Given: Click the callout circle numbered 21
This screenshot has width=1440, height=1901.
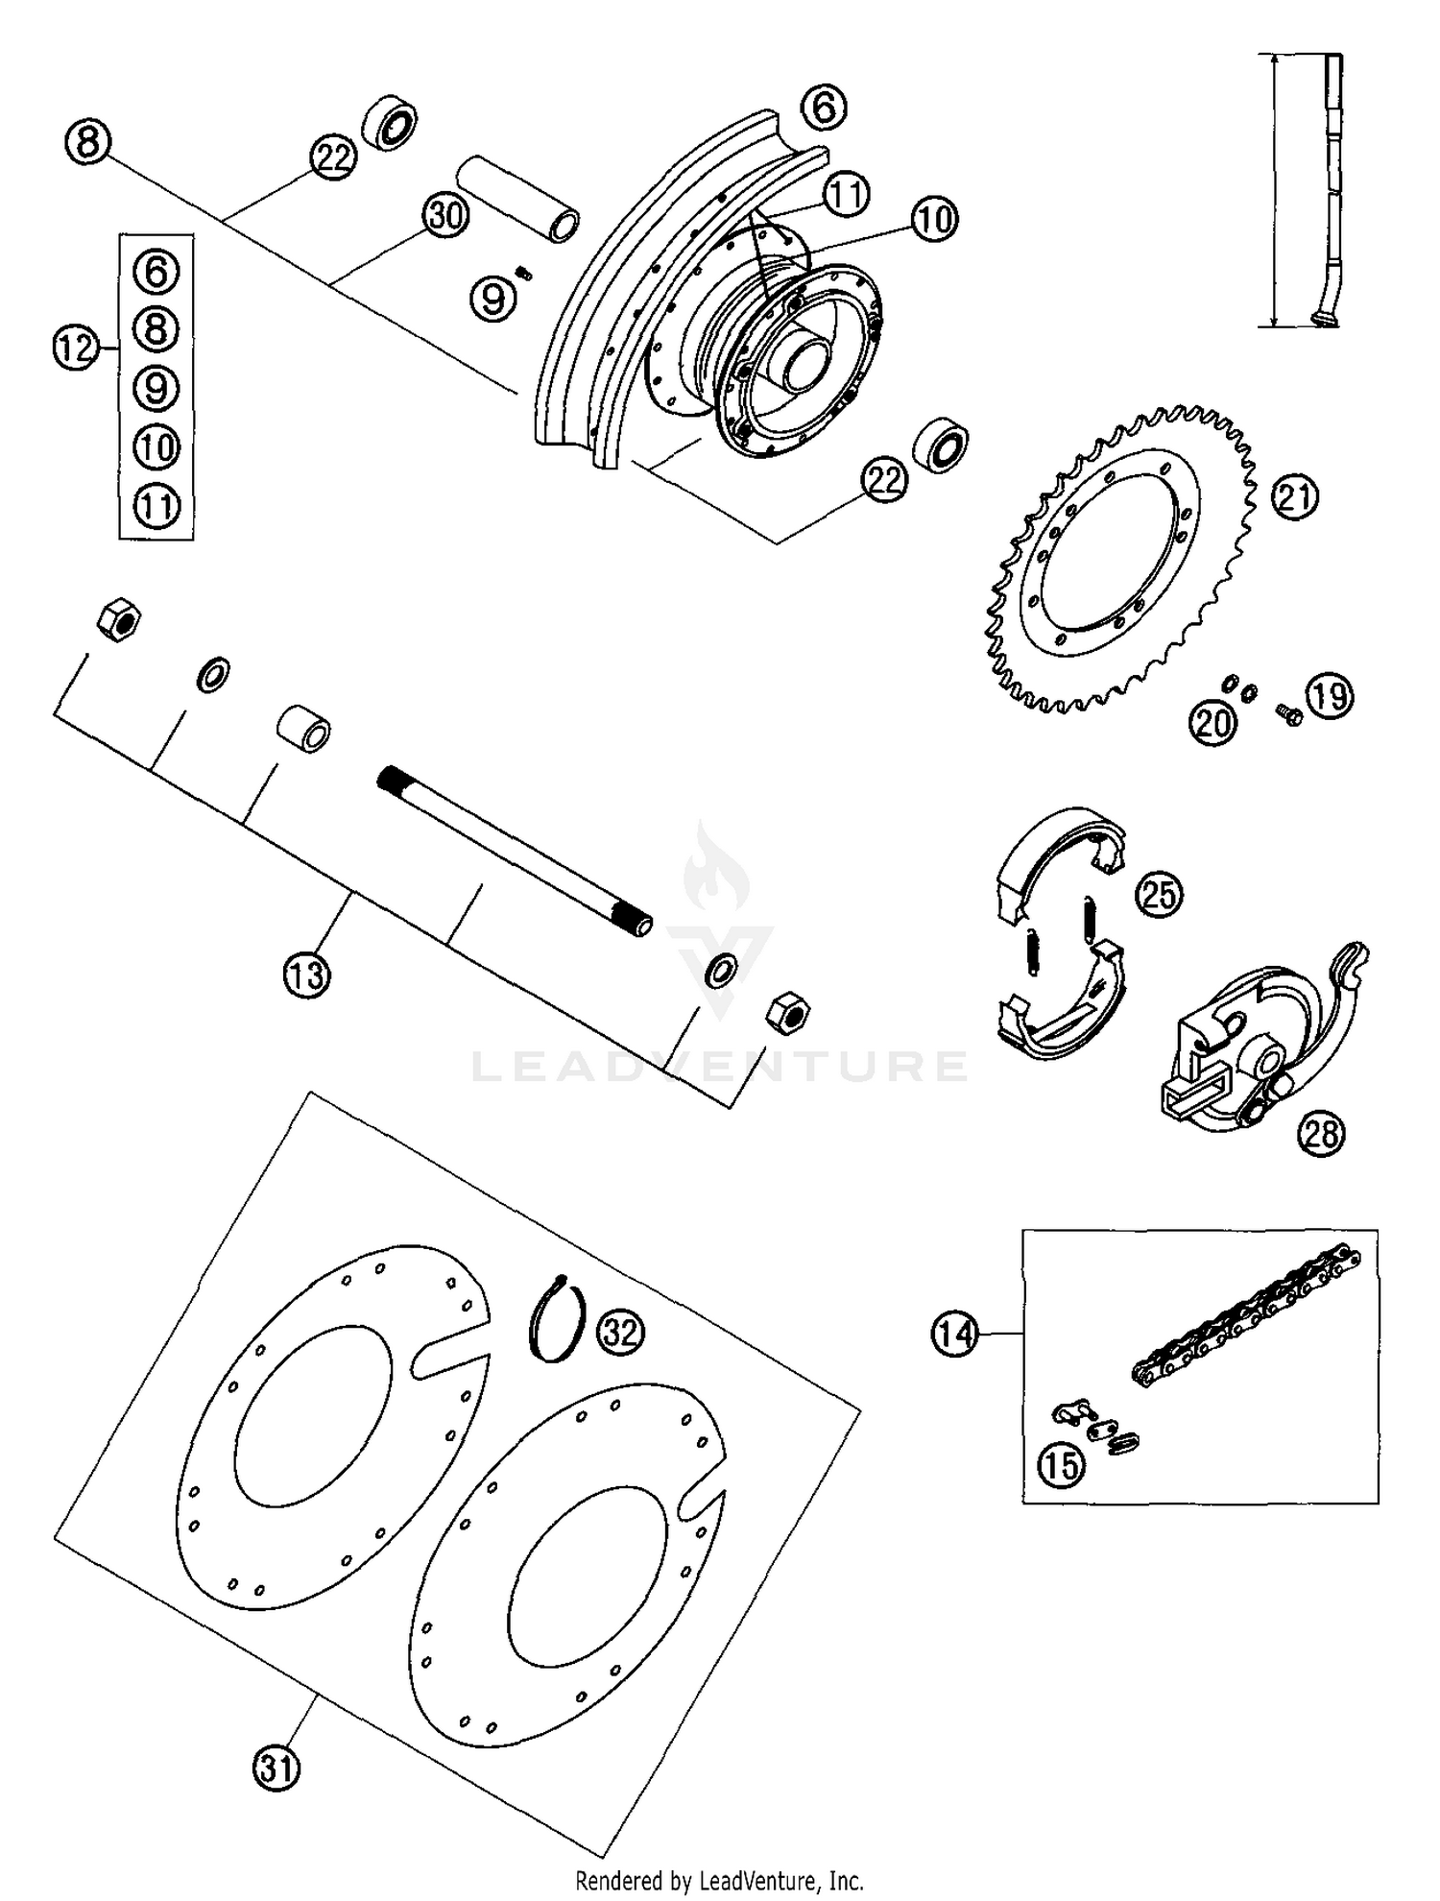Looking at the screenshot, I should point(1295,496).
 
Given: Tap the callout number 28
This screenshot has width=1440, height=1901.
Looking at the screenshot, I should point(1321,1134).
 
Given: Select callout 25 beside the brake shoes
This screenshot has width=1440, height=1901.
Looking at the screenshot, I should point(1159,895).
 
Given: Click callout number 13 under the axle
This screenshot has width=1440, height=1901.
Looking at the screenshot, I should point(306,975).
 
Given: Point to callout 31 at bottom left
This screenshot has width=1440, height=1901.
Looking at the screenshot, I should point(276,1768).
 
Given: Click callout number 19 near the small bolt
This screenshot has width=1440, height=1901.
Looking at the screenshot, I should point(1330,695).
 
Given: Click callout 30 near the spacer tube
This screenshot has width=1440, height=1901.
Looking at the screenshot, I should point(445,217).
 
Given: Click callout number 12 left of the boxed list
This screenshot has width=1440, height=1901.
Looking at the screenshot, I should point(76,347).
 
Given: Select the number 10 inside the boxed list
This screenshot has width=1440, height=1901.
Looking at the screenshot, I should point(156,446).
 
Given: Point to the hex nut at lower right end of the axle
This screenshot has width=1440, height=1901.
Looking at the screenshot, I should point(787,1013).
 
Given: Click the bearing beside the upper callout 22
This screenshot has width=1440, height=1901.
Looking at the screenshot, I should point(390,123).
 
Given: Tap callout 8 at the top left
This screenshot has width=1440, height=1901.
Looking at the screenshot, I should point(87,142).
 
